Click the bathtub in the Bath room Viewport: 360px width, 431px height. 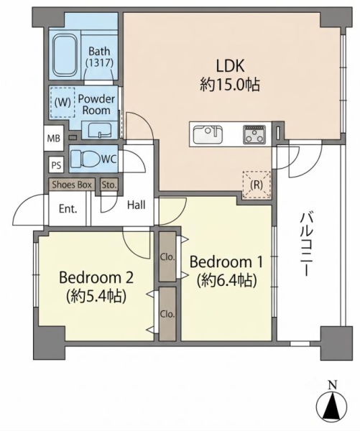coord(65,55)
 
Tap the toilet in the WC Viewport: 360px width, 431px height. coord(84,159)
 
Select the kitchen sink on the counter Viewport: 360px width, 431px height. coord(208,134)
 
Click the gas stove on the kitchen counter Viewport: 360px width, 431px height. coord(254,134)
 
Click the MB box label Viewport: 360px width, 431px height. coord(54,138)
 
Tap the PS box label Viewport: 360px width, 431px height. coord(56,165)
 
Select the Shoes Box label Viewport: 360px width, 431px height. coord(72,185)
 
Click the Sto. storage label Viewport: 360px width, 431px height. coord(109,185)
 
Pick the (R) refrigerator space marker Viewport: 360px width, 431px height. coord(257,185)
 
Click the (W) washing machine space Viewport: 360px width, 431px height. coord(63,103)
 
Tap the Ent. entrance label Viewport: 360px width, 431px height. coord(68,209)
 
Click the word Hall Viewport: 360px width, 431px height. coord(136,205)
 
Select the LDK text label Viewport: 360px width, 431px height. coord(230,66)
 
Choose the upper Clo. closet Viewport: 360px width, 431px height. coord(167,256)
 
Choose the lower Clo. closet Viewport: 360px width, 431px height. coord(167,314)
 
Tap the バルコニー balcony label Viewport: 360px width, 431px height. coord(306,244)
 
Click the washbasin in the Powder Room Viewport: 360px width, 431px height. coord(100,130)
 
